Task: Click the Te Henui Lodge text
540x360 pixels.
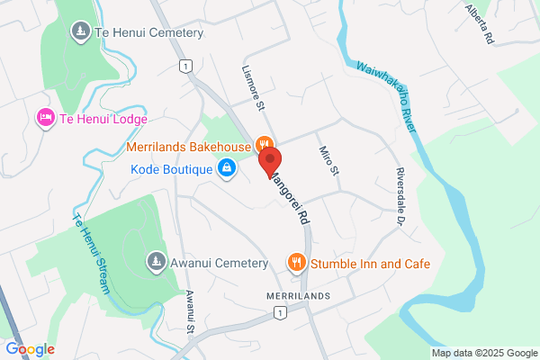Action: point(103,118)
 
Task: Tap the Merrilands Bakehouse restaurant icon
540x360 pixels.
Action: point(265,144)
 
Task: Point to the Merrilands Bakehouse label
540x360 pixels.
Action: point(188,145)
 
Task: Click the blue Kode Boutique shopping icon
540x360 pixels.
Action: point(227,168)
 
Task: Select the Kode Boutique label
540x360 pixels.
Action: point(170,168)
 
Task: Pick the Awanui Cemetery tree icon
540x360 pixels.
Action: point(156,263)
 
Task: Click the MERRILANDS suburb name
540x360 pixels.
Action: point(298,296)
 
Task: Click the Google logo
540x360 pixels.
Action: point(30,348)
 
